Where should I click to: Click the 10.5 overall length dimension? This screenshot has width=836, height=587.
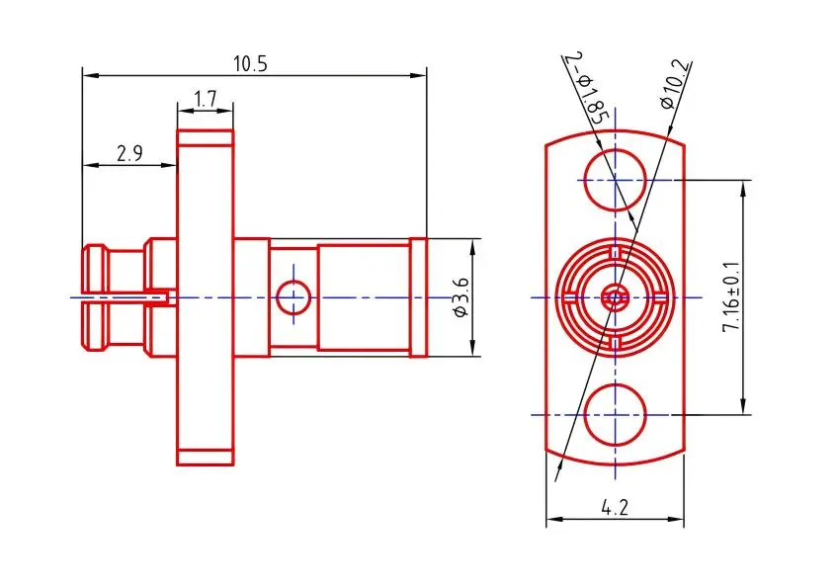tap(250, 63)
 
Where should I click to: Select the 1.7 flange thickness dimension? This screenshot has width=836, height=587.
tap(206, 99)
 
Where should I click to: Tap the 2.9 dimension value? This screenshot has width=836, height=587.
tap(129, 153)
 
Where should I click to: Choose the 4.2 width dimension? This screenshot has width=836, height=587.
tap(615, 508)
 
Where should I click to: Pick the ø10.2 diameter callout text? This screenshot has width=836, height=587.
tap(677, 85)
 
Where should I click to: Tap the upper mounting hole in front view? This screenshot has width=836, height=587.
tap(615, 180)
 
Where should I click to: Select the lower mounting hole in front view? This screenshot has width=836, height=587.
tap(615, 413)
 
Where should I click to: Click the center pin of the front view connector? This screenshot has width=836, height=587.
tap(615, 296)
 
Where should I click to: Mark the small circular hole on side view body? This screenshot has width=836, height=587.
tap(293, 295)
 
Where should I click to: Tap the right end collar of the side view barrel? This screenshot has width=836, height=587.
tap(419, 296)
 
